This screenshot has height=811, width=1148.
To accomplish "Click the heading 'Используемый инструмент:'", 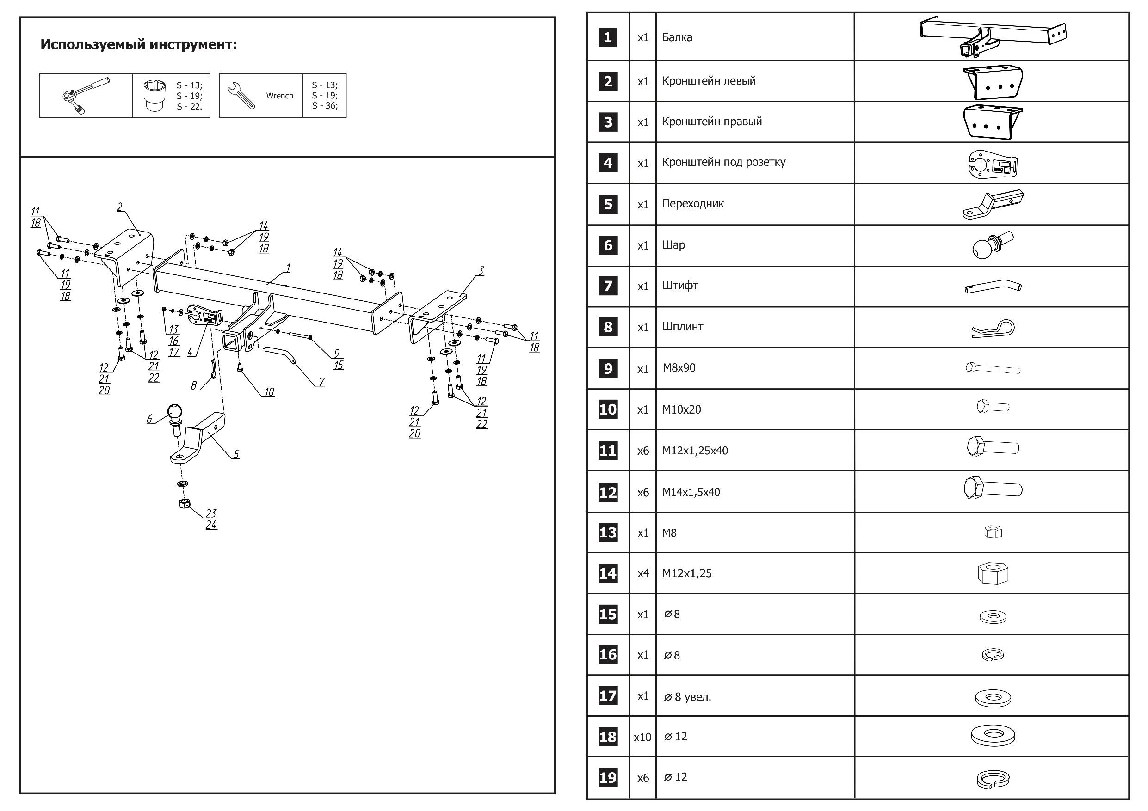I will (138, 44).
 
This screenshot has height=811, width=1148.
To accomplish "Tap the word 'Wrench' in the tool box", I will (279, 96).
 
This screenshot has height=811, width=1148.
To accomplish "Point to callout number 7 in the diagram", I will (321, 382).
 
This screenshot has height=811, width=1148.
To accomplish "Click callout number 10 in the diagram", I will (269, 392).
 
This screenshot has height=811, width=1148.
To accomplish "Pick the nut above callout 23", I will (185, 503).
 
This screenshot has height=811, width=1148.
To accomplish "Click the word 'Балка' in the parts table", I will (677, 37).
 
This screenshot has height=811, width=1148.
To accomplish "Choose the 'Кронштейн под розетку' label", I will (723, 162).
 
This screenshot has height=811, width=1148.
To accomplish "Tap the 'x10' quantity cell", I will (642, 737).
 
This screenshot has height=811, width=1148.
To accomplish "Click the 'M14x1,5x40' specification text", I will (691, 492).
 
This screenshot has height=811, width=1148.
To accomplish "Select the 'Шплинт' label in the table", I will (683, 327).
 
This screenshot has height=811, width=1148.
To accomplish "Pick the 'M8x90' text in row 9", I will (679, 368).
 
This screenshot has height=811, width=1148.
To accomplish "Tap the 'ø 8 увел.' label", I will (687, 696).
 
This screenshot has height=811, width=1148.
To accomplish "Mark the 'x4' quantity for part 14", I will (643, 573).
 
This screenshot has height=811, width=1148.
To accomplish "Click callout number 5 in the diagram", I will (236, 454).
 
